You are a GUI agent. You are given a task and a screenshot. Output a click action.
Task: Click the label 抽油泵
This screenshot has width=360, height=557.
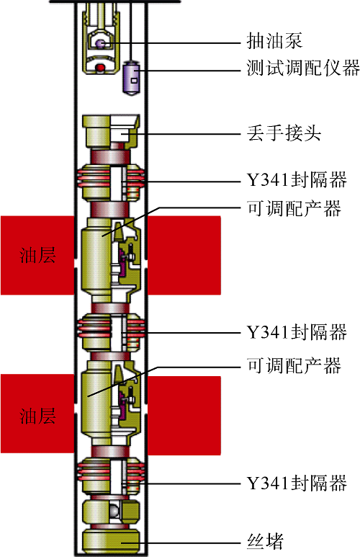[274, 40]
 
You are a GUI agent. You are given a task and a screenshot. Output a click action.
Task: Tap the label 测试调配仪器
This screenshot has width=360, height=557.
[304, 68]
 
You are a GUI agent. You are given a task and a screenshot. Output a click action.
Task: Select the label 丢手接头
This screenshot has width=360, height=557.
[284, 133]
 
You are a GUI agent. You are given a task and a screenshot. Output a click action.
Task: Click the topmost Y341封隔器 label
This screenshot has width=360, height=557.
[297, 179]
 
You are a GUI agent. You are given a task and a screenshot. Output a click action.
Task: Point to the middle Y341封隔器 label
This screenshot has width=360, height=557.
[297, 332]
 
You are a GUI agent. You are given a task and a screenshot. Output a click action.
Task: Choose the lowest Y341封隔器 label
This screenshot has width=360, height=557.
[297, 483]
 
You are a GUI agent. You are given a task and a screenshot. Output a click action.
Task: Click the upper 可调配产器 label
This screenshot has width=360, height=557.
[294, 208]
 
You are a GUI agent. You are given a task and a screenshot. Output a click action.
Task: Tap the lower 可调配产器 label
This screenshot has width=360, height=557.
[294, 365]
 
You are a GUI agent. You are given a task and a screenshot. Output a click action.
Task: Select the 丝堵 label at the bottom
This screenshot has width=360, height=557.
[265, 541]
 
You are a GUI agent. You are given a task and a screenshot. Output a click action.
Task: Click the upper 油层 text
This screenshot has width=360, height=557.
[37, 255]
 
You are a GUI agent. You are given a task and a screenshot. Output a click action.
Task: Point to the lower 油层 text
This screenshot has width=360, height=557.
[37, 416]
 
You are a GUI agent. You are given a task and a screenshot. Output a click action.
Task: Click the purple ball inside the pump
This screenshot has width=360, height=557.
[100, 43]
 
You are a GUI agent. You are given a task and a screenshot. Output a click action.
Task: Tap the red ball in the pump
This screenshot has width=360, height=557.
[101, 67]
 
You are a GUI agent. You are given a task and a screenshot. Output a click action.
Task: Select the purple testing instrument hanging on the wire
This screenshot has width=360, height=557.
[131, 78]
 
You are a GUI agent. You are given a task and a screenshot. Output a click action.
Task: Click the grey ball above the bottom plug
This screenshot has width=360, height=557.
[114, 512]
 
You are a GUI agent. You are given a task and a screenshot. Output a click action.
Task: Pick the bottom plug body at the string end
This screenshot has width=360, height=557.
[111, 540]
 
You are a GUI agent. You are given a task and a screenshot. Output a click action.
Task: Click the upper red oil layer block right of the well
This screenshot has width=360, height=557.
[184, 255]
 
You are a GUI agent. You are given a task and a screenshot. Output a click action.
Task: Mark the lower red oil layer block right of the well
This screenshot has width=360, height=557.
[184, 416]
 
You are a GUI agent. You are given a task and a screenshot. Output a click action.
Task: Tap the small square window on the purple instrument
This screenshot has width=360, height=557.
[134, 80]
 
